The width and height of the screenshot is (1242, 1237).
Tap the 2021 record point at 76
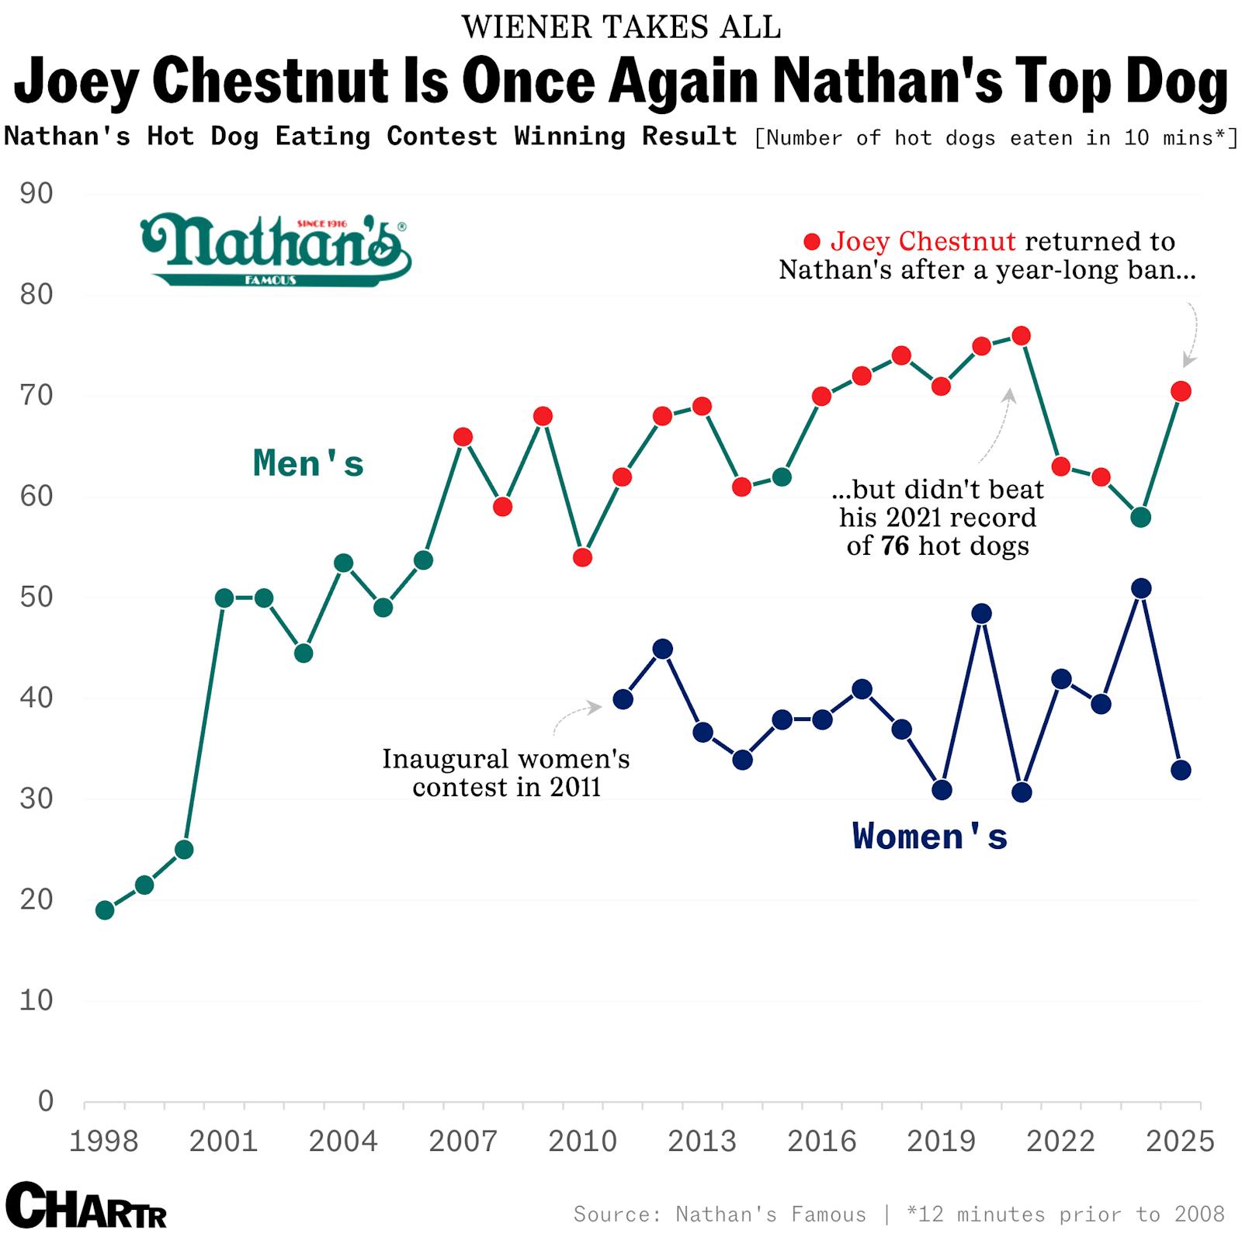point(1022,336)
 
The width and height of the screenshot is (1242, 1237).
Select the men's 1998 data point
point(105,910)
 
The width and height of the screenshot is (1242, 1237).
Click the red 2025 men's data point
point(1181,391)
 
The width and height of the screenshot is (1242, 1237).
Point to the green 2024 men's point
point(1140,518)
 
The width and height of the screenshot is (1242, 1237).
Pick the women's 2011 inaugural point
point(623,699)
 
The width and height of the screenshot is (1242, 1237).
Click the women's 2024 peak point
point(1140,588)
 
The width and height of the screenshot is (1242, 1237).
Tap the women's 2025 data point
point(1181,770)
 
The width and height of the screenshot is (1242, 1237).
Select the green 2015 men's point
point(782,476)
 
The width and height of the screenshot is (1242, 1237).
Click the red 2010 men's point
point(582,557)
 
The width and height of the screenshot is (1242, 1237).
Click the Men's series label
point(308,463)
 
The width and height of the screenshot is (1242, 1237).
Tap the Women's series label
point(929,837)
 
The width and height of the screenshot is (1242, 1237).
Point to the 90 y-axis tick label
point(36,194)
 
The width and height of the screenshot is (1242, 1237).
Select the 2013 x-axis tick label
point(702,1141)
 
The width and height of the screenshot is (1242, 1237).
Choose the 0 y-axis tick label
point(45,1100)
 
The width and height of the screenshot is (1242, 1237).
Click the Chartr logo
point(85,1205)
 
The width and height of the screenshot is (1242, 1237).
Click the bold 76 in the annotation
point(894,546)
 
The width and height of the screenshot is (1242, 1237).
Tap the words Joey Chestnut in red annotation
point(922,241)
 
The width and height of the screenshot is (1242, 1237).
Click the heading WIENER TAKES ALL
point(621,27)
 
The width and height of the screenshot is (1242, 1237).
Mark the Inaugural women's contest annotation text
point(505,772)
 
